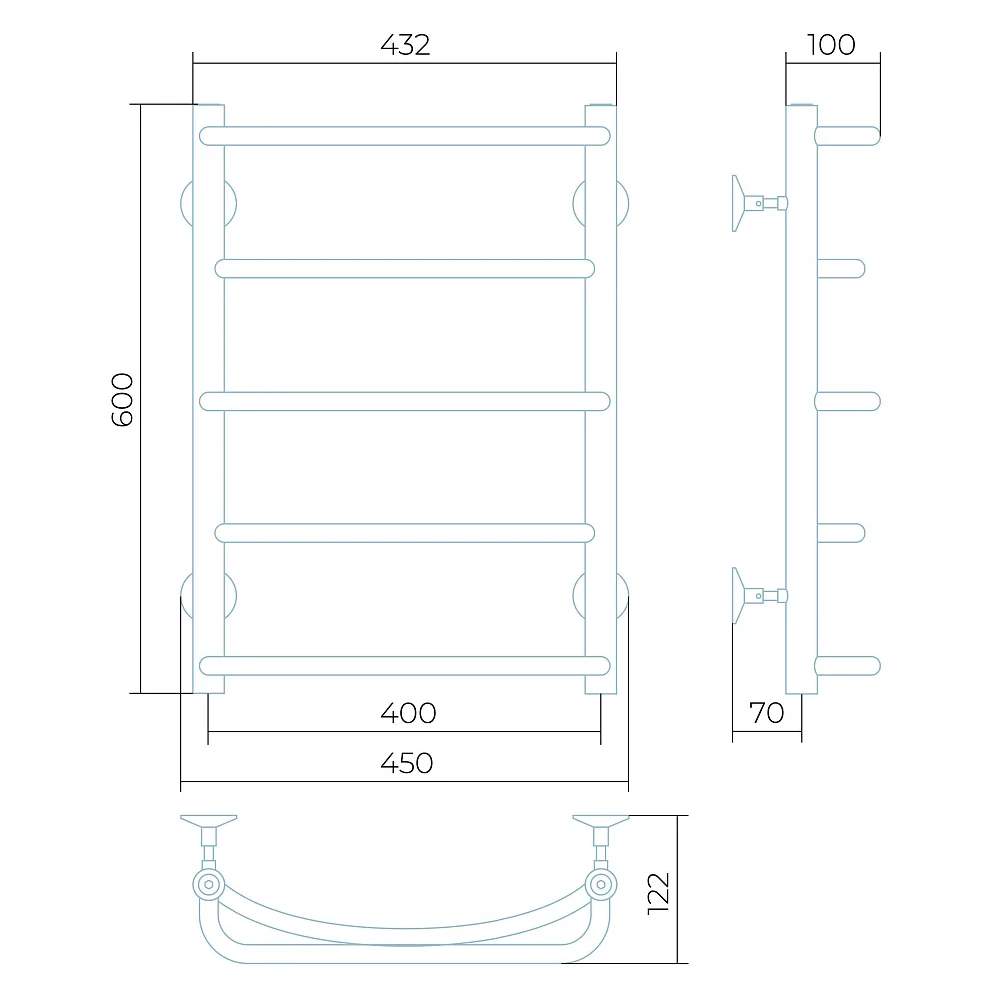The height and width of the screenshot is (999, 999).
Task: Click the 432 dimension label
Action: point(405,45)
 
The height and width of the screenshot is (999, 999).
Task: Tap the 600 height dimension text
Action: point(122,400)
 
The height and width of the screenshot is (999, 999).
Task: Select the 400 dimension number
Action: point(408,713)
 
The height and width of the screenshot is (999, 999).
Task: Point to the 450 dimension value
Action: point(407,763)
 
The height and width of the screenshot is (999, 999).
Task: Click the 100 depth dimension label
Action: point(831,45)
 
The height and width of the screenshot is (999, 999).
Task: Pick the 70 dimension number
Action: point(766,713)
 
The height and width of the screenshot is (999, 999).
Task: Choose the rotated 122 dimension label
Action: point(658,894)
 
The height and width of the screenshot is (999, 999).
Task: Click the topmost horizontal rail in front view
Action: point(405,136)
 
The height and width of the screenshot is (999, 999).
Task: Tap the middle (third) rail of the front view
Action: point(405,401)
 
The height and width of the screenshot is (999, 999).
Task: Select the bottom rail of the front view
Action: point(405,665)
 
